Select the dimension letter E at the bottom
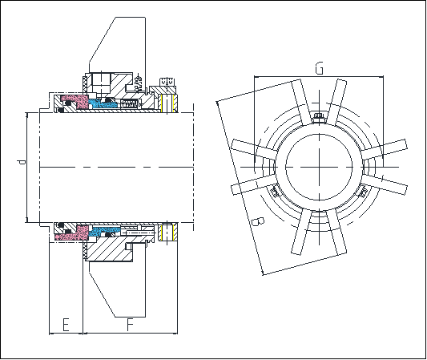tap(66, 324)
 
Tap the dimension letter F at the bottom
tap(131, 324)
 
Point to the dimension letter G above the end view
tap(320, 68)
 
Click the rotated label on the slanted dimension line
tap(257, 222)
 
